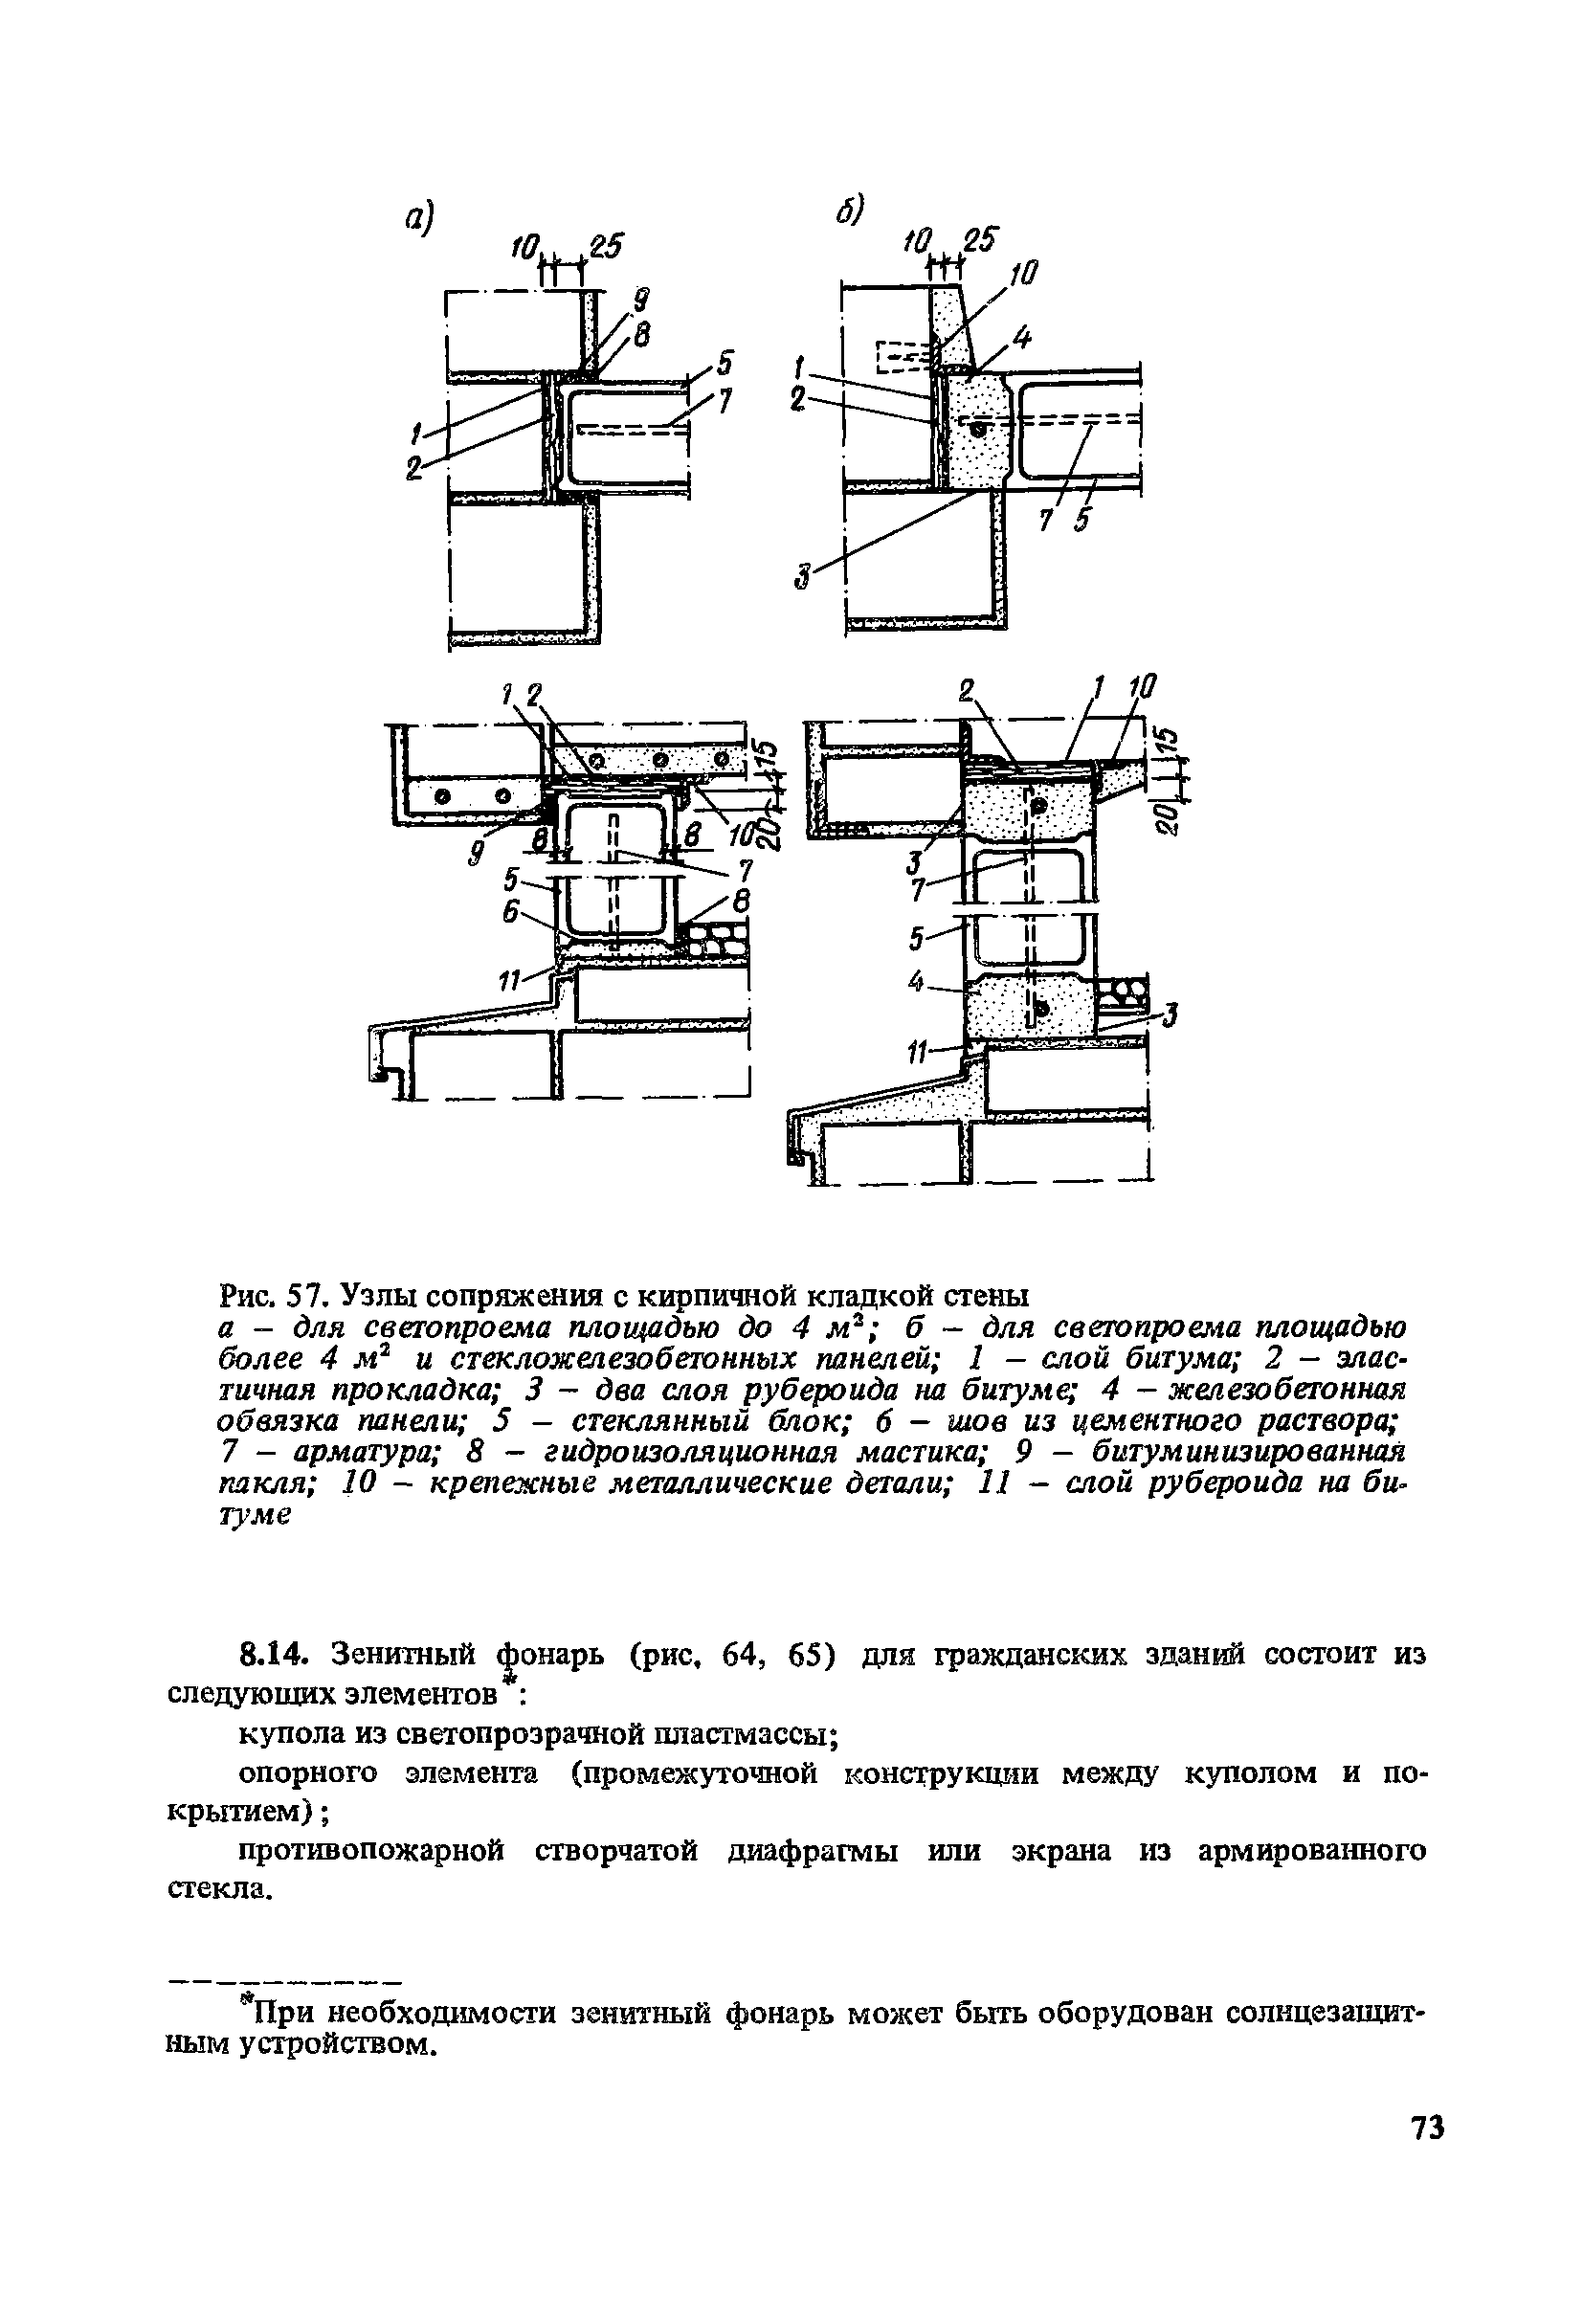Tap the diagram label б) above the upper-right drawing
(x=848, y=210)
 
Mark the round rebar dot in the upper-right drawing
(x=981, y=429)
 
